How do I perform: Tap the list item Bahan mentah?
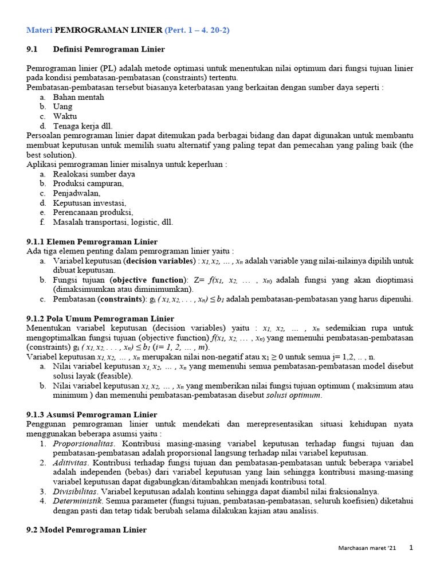78,97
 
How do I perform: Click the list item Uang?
62,107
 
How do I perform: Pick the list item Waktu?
65,116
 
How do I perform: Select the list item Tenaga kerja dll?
83,126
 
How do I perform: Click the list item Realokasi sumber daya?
94,174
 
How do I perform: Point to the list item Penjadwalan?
77,193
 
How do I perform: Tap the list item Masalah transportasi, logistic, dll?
113,222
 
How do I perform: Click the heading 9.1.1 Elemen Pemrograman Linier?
92,241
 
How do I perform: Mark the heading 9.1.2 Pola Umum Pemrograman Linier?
101,318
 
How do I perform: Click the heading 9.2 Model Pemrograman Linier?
87,530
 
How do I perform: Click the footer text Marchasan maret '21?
367,549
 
